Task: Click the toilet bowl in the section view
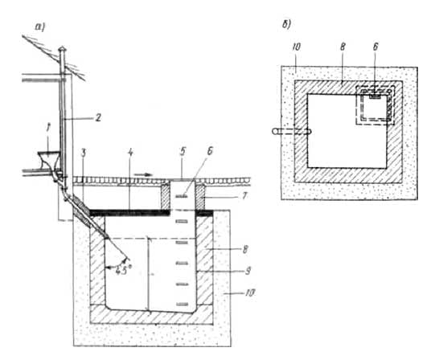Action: click(x=50, y=160)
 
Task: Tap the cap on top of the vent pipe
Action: click(x=63, y=49)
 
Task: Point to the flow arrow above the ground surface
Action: click(x=143, y=174)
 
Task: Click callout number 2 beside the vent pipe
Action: click(x=97, y=117)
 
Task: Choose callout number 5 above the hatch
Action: click(x=183, y=153)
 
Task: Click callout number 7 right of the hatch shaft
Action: click(x=244, y=196)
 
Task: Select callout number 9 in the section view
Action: click(x=248, y=271)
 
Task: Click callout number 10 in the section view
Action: click(x=250, y=292)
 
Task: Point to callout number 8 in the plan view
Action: click(x=343, y=47)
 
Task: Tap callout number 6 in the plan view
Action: click(x=375, y=47)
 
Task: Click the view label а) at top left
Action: click(x=40, y=27)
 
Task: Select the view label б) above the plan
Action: click(x=286, y=25)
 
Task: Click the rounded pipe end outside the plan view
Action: click(x=275, y=131)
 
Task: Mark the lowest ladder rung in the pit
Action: click(x=182, y=305)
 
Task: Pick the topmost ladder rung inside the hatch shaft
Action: click(x=182, y=196)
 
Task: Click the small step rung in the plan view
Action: click(x=375, y=96)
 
